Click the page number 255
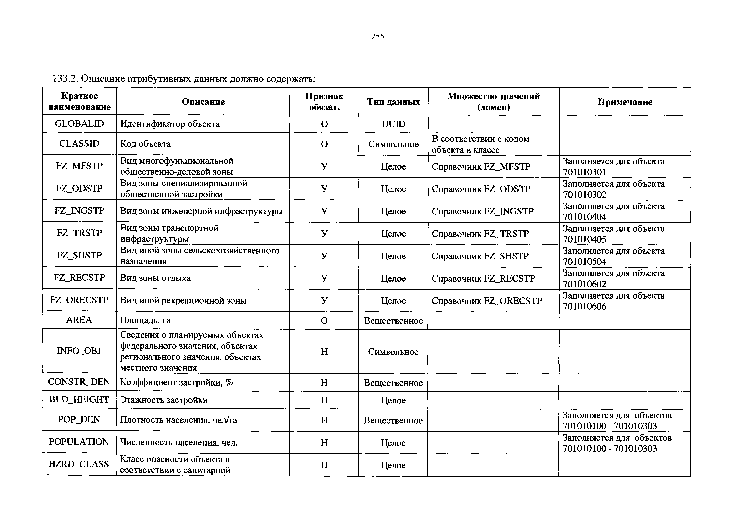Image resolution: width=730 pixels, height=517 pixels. pos(378,37)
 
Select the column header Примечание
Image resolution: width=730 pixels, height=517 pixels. pos(625,102)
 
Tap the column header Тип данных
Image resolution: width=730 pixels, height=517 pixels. pos(393,102)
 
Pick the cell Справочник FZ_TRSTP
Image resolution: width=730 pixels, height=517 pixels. pos(480,234)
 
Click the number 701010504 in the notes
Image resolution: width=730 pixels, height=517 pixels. pos(584,262)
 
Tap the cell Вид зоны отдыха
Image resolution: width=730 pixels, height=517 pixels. pos(155,278)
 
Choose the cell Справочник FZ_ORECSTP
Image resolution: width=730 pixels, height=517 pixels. pos(486,301)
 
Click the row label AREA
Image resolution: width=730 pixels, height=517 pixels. pos(79,320)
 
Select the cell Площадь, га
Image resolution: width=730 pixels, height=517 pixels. pos(145,320)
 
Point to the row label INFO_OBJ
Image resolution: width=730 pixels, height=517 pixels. pos(79,351)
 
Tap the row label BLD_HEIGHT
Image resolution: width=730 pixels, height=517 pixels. pos(79,399)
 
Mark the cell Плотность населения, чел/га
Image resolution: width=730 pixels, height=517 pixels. pos(178,420)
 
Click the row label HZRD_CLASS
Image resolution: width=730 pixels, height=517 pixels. pos(79,464)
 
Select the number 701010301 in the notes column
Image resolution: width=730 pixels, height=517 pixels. pos(584,172)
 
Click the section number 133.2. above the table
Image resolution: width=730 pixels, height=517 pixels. pos(65,78)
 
